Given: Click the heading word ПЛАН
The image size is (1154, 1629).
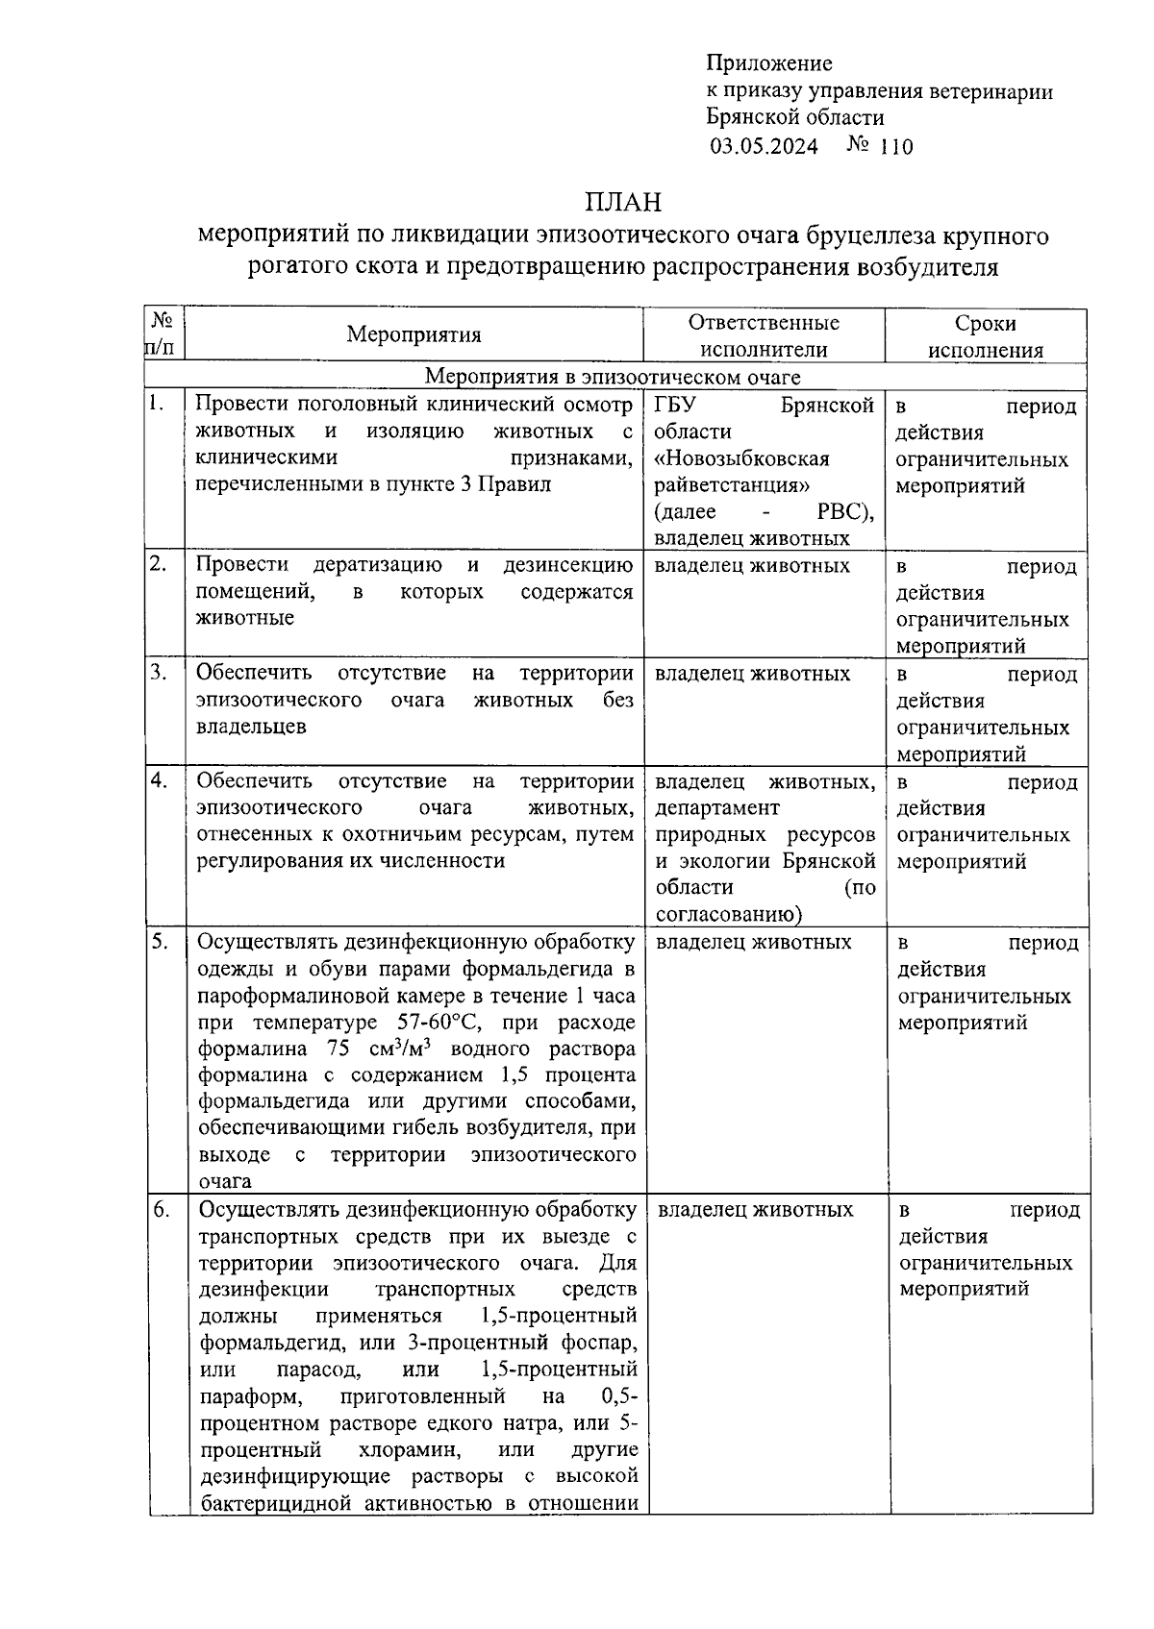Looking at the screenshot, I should (x=623, y=203).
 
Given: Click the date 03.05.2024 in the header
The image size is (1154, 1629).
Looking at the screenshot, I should (x=765, y=147).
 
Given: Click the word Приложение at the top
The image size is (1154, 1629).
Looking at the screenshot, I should (x=769, y=64).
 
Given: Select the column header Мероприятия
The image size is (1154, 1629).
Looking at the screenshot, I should (x=414, y=335).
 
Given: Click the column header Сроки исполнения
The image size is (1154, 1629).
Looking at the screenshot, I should (x=986, y=336).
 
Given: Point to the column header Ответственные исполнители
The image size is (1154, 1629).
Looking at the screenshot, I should (x=764, y=336).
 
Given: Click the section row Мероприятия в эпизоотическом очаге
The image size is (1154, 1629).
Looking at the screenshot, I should (x=613, y=377).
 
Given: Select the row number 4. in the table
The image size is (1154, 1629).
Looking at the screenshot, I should (x=159, y=780).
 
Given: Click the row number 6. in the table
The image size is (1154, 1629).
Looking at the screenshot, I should (x=161, y=1209).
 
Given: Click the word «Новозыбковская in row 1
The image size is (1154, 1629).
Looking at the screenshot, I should (x=741, y=458).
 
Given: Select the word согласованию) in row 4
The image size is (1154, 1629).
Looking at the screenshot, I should (x=730, y=914).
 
